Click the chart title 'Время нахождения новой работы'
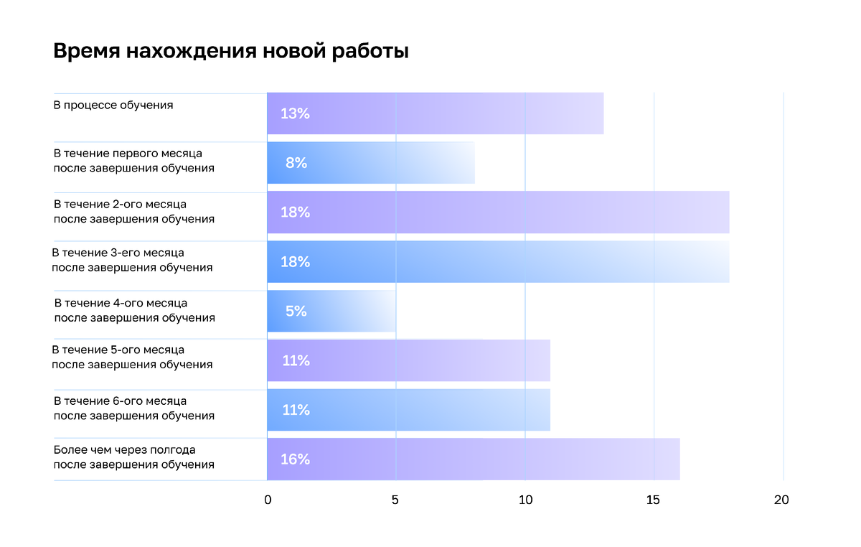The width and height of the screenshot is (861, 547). click(231, 52)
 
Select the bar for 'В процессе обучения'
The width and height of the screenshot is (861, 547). click(435, 113)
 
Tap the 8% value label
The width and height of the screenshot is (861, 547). click(296, 163)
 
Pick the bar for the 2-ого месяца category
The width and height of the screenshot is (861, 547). click(498, 212)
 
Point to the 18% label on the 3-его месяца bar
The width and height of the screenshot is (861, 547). click(295, 262)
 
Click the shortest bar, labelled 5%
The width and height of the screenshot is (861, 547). click(331, 312)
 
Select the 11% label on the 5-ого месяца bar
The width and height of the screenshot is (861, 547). click(295, 360)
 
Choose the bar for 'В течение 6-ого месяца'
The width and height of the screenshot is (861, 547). click(408, 410)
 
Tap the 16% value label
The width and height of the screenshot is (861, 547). click(295, 459)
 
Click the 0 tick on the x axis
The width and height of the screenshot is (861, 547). click(268, 500)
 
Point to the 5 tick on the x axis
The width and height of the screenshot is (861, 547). click(395, 500)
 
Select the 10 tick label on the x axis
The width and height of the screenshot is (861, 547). click(525, 500)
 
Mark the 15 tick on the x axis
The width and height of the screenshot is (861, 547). click(653, 500)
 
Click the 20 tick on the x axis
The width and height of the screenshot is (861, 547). click(781, 500)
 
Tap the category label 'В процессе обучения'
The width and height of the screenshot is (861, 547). click(113, 105)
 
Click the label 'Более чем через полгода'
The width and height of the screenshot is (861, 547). click(125, 450)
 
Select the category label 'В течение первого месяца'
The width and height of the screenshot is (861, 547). click(128, 153)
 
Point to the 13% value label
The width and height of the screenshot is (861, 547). click(295, 113)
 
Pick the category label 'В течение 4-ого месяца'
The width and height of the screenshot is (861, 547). click(121, 303)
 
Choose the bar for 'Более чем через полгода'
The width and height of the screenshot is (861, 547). click(473, 459)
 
